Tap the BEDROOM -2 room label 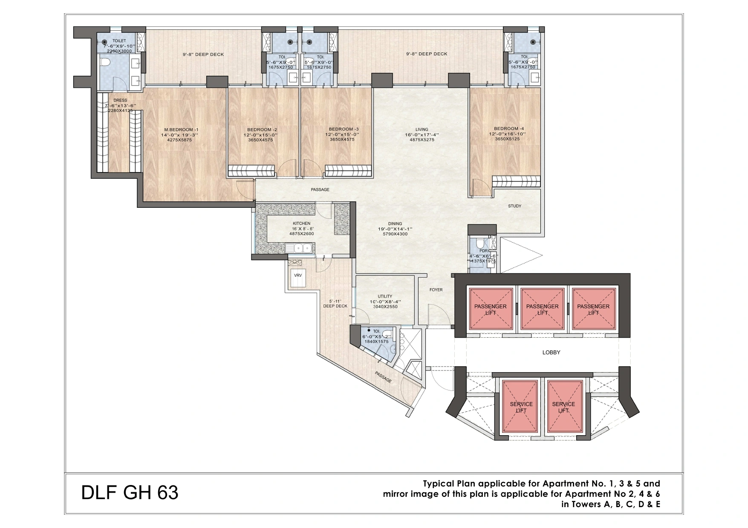(262, 129)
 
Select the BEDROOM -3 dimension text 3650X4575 (342, 139)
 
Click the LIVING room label (422, 129)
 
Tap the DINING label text (395, 224)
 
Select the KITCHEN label (301, 224)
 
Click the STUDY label (514, 206)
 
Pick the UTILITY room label (384, 297)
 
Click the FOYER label (436, 290)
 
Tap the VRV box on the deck (298, 275)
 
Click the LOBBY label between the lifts (551, 353)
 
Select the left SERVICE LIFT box (521, 407)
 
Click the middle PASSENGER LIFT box (542, 309)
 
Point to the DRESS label (120, 100)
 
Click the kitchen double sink (300, 247)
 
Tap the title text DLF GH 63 (130, 493)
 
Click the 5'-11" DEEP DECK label (335, 303)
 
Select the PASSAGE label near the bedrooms (320, 189)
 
